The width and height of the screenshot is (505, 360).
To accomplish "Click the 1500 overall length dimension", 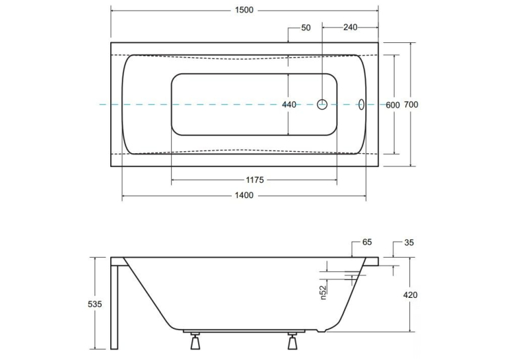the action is (244, 10).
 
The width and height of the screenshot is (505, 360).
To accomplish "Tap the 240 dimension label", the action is (350, 27).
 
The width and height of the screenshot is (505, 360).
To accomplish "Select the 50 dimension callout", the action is (306, 28).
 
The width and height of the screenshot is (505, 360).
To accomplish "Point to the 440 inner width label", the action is (289, 104).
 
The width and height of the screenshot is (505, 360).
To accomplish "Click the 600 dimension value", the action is (393, 105).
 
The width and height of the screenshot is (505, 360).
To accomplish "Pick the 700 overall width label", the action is (411, 104).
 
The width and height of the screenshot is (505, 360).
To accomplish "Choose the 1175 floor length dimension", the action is (255, 180).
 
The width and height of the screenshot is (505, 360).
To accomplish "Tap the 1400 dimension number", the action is (244, 195).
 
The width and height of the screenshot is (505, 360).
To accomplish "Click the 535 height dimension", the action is (94, 304).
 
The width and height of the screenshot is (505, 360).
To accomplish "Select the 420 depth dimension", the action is (411, 295).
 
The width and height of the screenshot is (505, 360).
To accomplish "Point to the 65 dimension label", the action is (367, 242).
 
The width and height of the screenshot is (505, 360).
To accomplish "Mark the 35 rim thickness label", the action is (409, 242).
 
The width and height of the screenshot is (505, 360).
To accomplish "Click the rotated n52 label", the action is (323, 293).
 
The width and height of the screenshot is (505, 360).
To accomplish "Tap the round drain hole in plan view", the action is (322, 104).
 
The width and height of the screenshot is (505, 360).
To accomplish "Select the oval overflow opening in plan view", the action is (361, 104).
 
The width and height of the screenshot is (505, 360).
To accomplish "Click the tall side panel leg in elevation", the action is (114, 307).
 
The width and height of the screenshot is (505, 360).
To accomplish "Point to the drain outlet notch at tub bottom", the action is (321, 330).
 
